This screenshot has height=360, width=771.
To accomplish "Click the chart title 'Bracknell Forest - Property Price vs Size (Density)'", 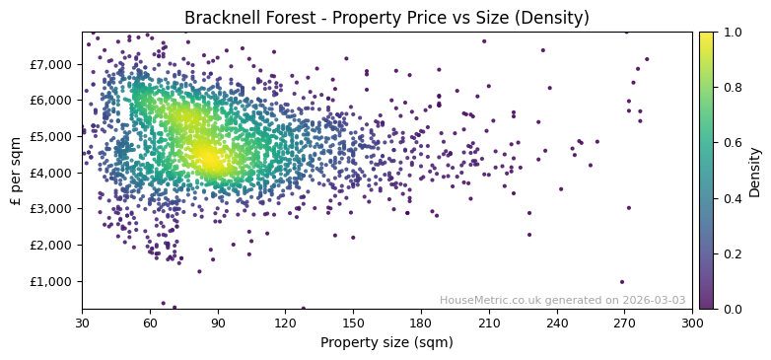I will [x=386, y=18].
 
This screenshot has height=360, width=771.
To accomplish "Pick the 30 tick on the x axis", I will [x=82, y=323].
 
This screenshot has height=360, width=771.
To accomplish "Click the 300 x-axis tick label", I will [x=692, y=323].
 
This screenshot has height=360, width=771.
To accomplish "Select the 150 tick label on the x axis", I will [x=353, y=323].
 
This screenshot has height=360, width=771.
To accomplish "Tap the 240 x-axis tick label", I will [x=557, y=323].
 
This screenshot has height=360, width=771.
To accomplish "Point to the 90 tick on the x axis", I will [x=218, y=323].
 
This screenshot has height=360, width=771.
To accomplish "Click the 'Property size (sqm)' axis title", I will [x=386, y=343].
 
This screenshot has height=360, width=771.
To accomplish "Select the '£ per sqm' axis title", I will [x=16, y=170].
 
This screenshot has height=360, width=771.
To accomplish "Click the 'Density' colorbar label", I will [x=755, y=171].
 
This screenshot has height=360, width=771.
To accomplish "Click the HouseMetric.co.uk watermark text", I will [x=562, y=300].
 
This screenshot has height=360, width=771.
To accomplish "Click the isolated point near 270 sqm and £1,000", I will [x=622, y=281].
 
